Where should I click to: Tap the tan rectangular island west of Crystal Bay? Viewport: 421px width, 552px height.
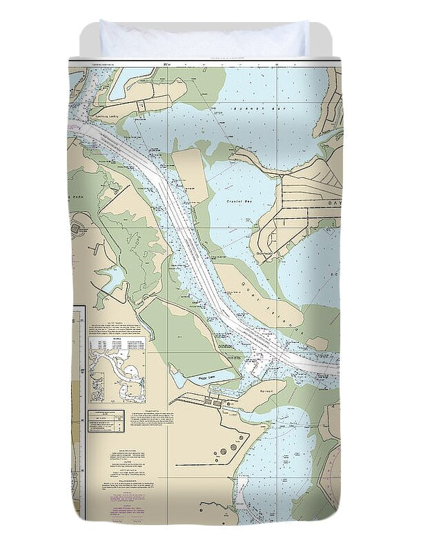(x=189, y=176)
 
